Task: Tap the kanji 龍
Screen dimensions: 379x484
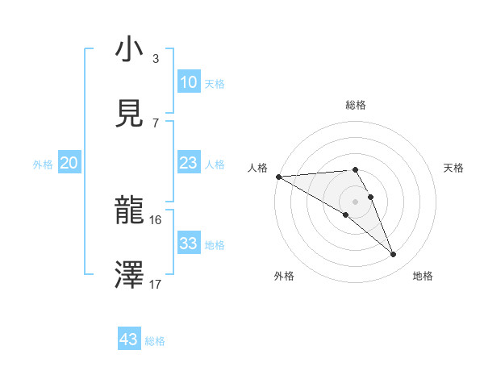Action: tap(130, 211)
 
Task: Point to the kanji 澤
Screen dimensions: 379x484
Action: tap(130, 275)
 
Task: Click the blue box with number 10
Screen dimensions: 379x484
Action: tap(188, 82)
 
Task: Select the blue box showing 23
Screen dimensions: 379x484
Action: tap(188, 163)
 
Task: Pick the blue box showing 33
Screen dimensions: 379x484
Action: tap(188, 244)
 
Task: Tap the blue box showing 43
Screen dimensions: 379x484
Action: tap(129, 339)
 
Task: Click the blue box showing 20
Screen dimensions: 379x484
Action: tap(69, 163)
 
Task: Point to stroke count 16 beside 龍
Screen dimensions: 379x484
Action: tap(155, 219)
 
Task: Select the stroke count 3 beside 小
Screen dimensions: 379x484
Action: tap(155, 58)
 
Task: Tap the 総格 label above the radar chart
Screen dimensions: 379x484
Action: tap(356, 105)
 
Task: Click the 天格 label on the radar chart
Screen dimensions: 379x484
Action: tap(454, 168)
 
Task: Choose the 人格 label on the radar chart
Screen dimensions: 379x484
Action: tap(257, 168)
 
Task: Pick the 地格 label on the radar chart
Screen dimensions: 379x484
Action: tap(423, 276)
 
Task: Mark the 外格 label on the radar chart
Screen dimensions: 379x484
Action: tap(284, 276)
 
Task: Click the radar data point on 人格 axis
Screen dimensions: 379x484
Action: tap(278, 177)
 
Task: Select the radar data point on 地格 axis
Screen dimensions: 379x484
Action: tap(394, 255)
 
